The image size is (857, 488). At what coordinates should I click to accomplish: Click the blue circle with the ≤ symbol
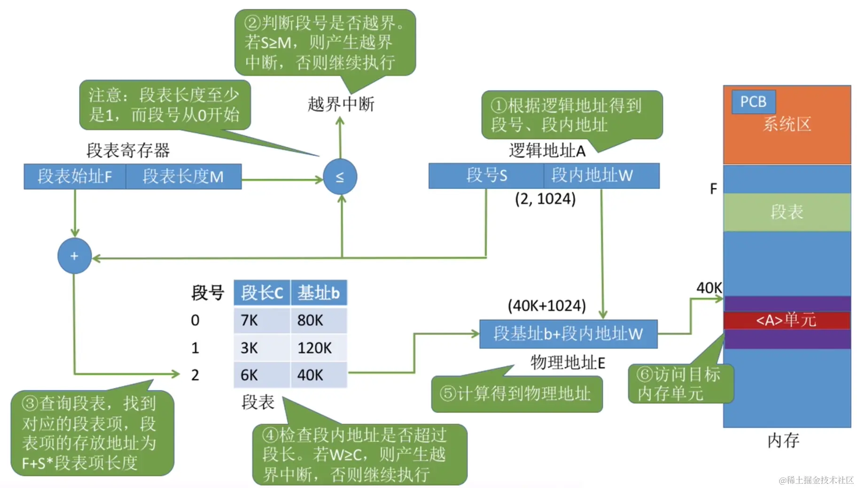pos(340,177)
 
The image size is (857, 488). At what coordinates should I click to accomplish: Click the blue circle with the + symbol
pos(74,256)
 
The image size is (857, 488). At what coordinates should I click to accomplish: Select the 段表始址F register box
pos(75,177)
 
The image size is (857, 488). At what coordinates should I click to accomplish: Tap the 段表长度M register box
pos(184,177)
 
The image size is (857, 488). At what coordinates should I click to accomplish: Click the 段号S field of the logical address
pos(486,176)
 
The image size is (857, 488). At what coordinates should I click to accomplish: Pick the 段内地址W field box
pos(592,176)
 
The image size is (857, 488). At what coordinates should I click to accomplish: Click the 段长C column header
pos(262,293)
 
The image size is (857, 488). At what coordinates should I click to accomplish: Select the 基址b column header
pos(319,293)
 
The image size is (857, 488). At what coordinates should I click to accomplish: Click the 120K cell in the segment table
pos(314,348)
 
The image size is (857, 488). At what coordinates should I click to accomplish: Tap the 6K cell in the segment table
pos(249,375)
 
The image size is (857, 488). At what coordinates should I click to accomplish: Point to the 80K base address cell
pos(310,320)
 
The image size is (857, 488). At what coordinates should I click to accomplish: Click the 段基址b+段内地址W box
pos(568,334)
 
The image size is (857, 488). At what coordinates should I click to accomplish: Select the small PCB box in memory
pos(753,102)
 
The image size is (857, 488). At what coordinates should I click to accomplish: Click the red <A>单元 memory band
pos(787,320)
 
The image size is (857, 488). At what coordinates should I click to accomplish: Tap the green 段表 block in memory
pos(787,212)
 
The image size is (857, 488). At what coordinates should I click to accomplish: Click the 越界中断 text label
pos(341,104)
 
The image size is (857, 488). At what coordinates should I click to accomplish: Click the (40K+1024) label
pos(546,306)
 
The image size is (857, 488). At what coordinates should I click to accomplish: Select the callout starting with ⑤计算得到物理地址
pos(516,394)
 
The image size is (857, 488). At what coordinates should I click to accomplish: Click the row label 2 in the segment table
pos(195,375)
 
